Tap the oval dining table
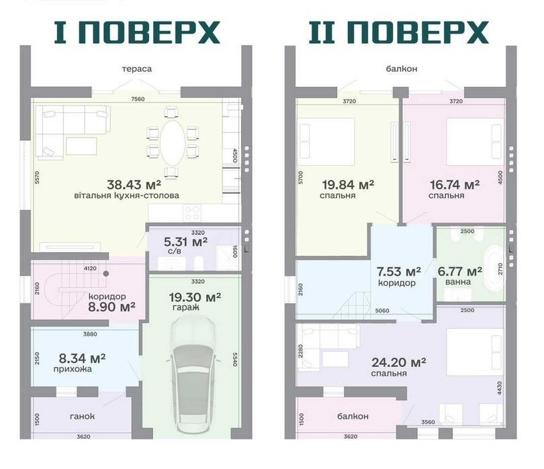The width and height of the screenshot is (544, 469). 172,143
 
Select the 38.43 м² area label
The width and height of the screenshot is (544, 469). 134,185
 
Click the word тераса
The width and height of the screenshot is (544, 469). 137,68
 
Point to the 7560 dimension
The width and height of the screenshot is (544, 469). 138,99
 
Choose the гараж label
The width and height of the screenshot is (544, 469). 185,307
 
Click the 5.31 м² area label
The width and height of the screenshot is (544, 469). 185,242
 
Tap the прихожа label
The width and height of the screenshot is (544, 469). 73,369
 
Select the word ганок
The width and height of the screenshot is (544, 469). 82,416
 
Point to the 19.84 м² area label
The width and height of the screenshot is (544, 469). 348,185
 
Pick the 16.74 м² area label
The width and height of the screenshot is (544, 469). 455,185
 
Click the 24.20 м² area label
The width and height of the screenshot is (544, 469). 399,362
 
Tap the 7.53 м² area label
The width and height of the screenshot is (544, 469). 399,271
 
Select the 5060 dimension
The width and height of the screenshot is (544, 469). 382,311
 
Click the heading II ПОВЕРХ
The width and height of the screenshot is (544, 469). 399,32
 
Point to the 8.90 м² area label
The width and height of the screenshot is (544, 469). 111,307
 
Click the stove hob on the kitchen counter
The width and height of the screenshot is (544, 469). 192,213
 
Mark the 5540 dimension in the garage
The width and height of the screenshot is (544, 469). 235,360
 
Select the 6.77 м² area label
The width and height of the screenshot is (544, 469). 459,271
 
